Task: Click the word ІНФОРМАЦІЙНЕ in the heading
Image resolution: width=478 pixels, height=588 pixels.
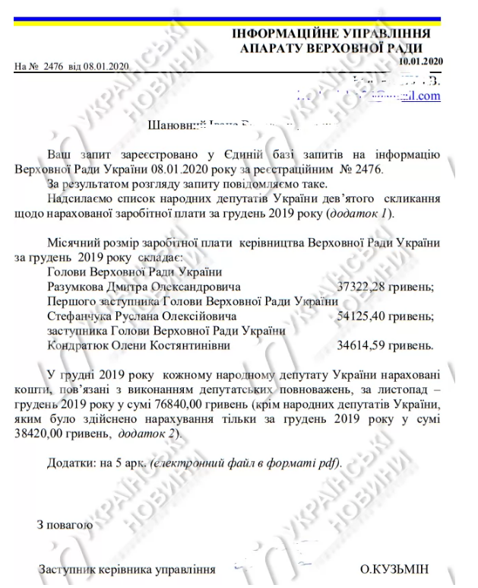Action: pos(283,33)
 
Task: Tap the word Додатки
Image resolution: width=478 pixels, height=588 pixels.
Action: pos(70,462)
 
